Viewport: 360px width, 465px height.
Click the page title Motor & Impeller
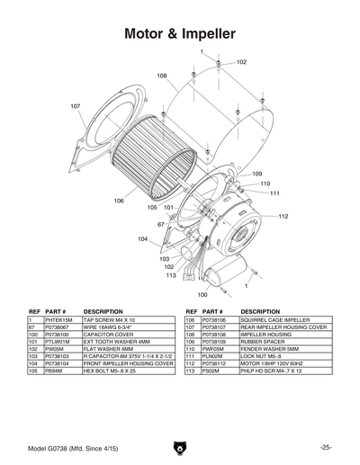point(180,34)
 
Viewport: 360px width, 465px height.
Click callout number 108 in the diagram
point(163,76)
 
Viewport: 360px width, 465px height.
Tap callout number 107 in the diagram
point(76,106)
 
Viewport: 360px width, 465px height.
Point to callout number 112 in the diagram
point(283,216)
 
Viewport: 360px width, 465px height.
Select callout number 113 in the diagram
point(170,275)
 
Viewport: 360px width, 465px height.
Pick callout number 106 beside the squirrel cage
point(119,201)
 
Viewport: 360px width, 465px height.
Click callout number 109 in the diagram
point(256,173)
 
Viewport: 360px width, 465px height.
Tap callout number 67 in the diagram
point(161,224)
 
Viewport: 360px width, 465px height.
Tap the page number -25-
point(325,447)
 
